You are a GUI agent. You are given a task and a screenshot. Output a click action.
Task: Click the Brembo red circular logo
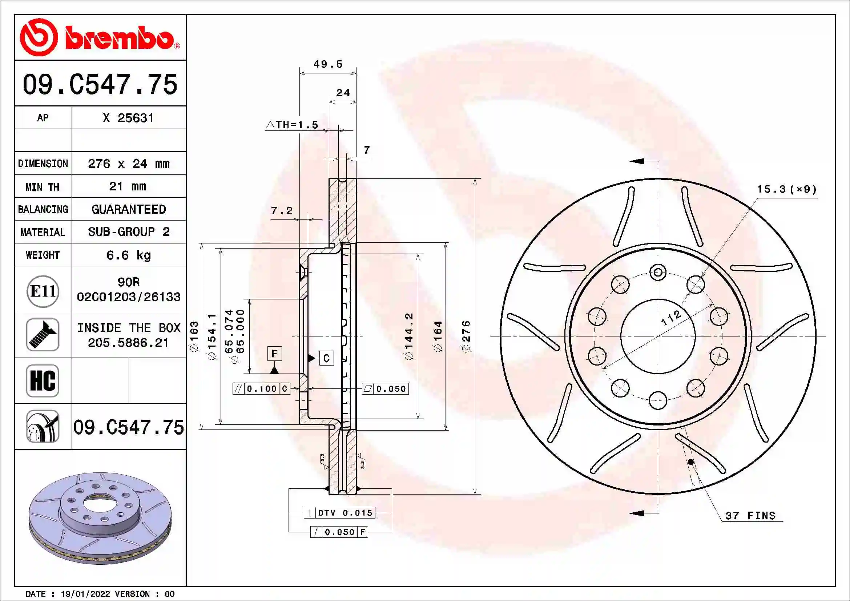tap(39, 37)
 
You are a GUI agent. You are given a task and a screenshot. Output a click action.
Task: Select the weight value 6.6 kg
tap(128, 255)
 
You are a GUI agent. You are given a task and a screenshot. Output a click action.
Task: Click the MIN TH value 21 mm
tap(128, 186)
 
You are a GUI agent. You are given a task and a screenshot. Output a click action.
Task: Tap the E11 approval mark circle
tap(43, 291)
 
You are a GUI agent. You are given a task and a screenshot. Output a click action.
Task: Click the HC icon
tap(43, 380)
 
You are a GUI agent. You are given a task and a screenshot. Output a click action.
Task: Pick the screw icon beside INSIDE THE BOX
tap(43, 335)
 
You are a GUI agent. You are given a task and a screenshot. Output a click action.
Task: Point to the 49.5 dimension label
tap(328, 64)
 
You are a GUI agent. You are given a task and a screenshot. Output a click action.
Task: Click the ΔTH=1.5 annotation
tap(292, 125)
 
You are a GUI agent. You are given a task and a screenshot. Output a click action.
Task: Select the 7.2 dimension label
tap(281, 211)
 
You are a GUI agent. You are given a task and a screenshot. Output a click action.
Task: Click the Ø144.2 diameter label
tap(409, 336)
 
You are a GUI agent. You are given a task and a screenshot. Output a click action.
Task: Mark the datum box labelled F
tap(274, 354)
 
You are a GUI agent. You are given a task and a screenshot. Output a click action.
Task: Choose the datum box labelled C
tap(326, 358)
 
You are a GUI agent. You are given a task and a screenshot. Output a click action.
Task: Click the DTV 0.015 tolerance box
tap(339, 513)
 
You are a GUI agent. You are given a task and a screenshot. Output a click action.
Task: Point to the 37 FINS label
tap(750, 516)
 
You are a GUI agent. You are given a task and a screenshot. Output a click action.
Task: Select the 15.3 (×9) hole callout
tap(786, 189)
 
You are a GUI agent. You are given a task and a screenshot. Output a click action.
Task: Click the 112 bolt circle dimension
tap(671, 317)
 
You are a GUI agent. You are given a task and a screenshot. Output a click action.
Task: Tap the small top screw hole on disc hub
tap(658, 273)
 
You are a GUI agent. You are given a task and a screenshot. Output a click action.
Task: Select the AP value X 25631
tap(128, 118)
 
